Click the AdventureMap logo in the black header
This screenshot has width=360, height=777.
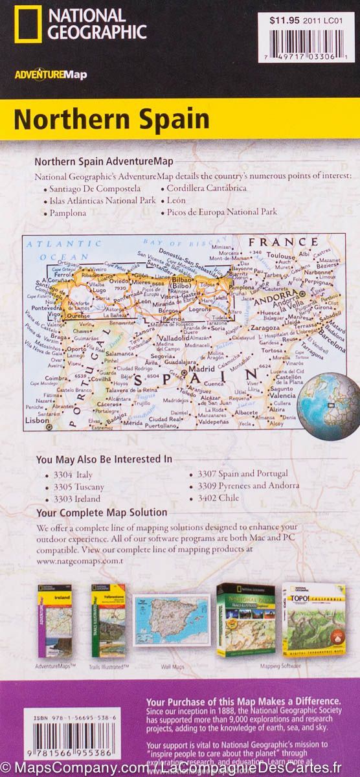click(x=51, y=74)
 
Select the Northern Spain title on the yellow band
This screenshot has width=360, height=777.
click(x=111, y=120)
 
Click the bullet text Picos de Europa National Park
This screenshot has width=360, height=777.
click(x=221, y=212)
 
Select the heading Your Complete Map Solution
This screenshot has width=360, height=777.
click(x=102, y=513)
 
